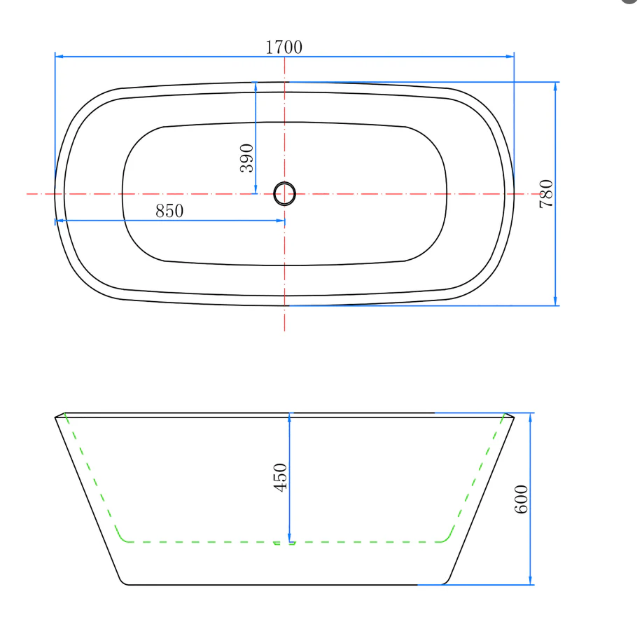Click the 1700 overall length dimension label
284,47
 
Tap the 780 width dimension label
546,194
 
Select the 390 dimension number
247,158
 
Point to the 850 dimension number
169,211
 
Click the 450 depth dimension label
280,477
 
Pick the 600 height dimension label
521,499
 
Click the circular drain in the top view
284,194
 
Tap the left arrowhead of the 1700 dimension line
59,56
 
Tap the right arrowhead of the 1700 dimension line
510,56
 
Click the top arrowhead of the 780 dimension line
555,86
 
